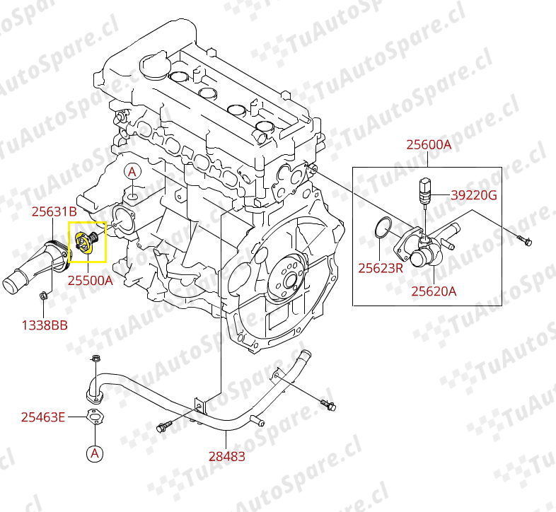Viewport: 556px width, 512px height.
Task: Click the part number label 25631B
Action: [54, 211]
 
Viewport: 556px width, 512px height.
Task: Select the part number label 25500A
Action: [90, 281]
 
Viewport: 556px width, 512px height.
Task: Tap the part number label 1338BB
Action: [45, 325]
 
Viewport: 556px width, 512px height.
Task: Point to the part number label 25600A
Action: [429, 145]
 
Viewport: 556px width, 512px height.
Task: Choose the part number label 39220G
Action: [474, 195]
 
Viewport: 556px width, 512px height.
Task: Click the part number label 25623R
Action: [381, 268]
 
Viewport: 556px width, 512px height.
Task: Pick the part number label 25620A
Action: [434, 291]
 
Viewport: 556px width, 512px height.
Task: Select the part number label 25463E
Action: [43, 417]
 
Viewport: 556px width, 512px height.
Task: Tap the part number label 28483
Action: [226, 456]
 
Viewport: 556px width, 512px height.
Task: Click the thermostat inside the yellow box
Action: [86, 242]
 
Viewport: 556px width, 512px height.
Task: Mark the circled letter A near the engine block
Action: [132, 172]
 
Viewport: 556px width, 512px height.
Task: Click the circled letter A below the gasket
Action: [95, 453]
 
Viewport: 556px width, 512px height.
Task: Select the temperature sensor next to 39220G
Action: [424, 192]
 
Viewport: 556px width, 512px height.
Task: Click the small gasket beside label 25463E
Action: [95, 417]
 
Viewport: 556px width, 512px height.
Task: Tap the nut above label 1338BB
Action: [44, 296]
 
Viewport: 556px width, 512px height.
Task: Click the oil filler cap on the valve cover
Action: [155, 65]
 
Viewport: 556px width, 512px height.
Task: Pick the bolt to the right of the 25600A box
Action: [524, 240]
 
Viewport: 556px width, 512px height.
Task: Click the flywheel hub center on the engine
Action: [290, 281]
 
